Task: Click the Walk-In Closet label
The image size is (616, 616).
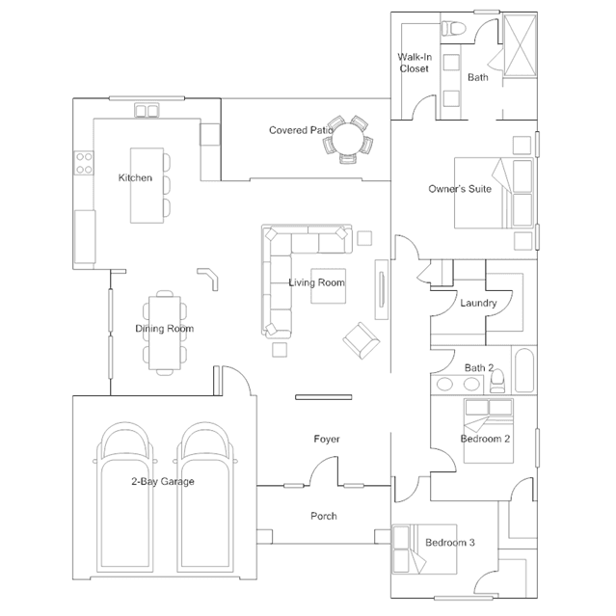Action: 414,63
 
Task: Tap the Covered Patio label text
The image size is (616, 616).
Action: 300,130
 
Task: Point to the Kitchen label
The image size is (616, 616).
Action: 135,178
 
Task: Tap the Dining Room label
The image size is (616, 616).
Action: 164,329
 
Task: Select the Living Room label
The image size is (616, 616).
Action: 316,282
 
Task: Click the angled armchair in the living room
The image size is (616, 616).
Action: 362,338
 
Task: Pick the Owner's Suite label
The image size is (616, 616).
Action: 460,189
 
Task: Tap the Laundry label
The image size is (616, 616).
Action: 478,304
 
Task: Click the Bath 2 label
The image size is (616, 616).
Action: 479,367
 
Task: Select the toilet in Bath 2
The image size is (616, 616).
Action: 497,385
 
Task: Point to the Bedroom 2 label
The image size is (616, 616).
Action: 485,439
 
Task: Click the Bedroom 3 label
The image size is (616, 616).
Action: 450,543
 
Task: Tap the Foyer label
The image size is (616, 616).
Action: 327,440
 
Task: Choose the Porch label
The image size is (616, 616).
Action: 324,517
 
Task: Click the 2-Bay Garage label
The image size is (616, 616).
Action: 163,481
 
